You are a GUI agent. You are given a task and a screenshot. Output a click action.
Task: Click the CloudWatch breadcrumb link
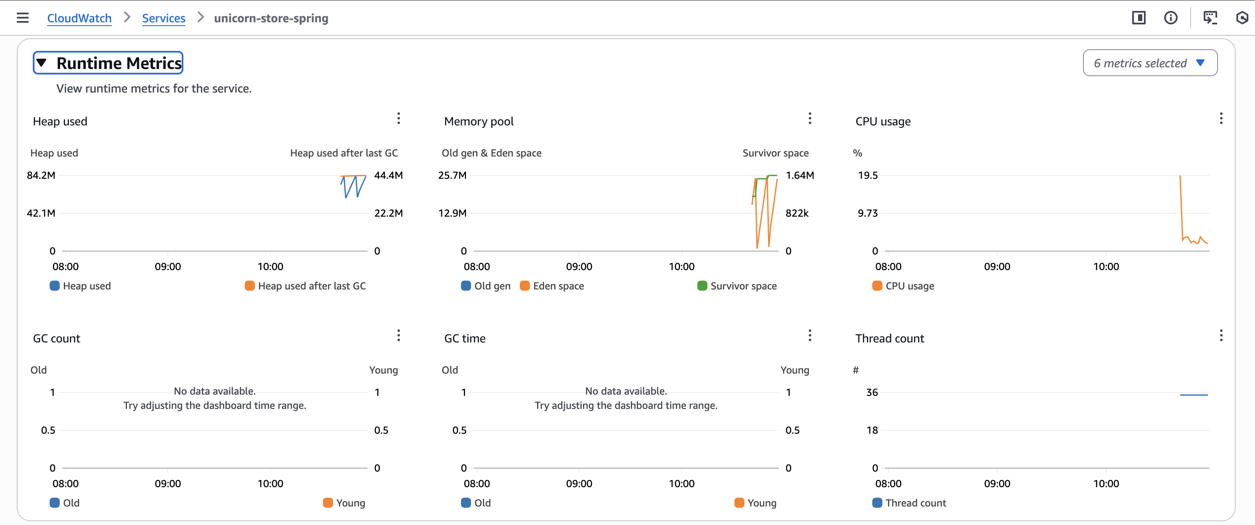point(79,18)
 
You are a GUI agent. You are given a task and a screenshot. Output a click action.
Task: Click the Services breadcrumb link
point(163,18)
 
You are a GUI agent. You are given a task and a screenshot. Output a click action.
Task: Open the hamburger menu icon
point(22,18)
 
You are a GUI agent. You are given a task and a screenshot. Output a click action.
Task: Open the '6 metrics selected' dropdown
point(1149,63)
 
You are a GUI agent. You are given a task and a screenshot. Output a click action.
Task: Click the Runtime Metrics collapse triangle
point(41,63)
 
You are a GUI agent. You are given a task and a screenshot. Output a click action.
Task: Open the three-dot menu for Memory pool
point(809,119)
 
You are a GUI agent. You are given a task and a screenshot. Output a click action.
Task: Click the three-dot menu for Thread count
point(1221,335)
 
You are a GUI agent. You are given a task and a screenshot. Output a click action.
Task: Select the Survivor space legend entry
point(736,286)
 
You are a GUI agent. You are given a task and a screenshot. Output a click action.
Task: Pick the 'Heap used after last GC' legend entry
point(305,286)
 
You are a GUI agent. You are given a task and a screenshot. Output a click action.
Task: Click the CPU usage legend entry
point(903,286)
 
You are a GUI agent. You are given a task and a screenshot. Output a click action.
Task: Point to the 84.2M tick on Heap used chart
point(41,175)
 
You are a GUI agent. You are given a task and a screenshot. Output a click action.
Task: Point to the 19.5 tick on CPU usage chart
point(867,175)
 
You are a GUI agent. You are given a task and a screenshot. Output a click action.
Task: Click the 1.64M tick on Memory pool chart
point(799,175)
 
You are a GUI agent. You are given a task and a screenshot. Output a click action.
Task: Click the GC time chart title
point(464,338)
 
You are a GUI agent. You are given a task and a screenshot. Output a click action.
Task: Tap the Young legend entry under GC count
point(344,503)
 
